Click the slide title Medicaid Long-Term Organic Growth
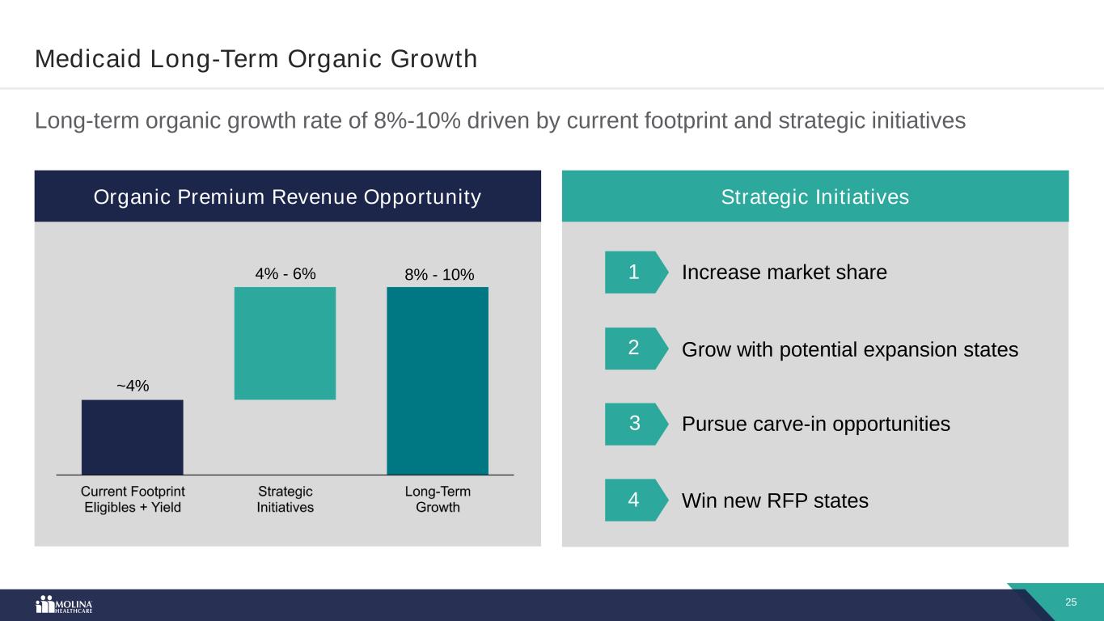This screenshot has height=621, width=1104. click(256, 59)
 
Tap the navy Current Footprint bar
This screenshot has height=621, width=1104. click(132, 437)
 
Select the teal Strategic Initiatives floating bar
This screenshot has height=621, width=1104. click(285, 343)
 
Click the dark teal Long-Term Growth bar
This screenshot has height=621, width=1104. click(437, 381)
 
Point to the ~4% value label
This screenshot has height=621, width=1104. click(133, 386)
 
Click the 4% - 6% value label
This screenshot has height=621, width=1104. click(285, 274)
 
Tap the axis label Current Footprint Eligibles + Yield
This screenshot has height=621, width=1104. click(133, 499)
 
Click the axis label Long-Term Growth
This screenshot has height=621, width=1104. click(438, 499)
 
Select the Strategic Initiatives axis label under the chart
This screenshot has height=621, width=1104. click(286, 499)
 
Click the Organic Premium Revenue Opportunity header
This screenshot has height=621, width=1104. click(287, 196)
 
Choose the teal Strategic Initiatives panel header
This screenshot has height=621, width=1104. click(814, 196)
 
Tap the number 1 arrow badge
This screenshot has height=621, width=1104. click(636, 272)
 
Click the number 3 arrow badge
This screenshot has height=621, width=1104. click(636, 424)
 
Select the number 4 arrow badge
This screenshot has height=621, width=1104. click(636, 501)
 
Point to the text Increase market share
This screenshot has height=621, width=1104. click(784, 272)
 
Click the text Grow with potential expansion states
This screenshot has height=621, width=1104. click(849, 350)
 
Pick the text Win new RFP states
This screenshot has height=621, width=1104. click(775, 501)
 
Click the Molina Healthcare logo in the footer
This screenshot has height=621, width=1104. click(65, 606)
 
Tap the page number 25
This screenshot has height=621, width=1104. click(1071, 602)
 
